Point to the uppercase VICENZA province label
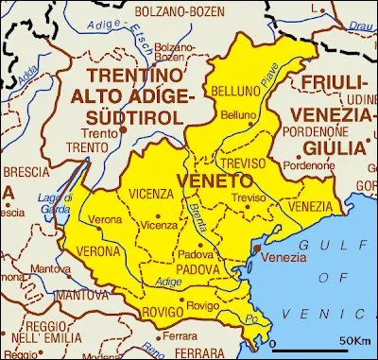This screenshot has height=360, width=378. click(x=151, y=194)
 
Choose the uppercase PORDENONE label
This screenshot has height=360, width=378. click(x=327, y=132)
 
